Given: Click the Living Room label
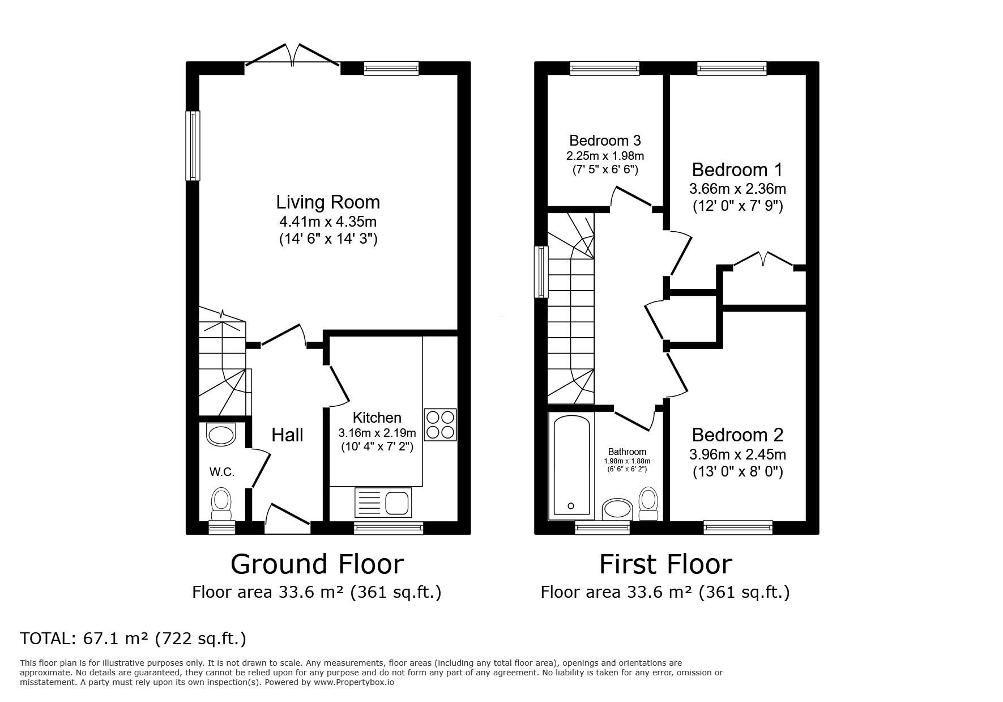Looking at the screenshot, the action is pyautogui.click(x=328, y=202).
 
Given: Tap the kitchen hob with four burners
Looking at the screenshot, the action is pyautogui.click(x=440, y=425).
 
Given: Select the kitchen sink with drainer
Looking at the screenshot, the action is pyautogui.click(x=383, y=502).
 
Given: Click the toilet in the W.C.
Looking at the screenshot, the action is pyautogui.click(x=221, y=505).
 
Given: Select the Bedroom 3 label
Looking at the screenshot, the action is pyautogui.click(x=605, y=141).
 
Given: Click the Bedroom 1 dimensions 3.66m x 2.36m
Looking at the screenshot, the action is pyautogui.click(x=737, y=189).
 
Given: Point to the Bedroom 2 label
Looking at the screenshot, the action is pyautogui.click(x=737, y=435).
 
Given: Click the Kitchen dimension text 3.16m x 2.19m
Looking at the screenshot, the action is pyautogui.click(x=377, y=433).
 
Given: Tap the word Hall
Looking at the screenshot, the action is pyautogui.click(x=287, y=435).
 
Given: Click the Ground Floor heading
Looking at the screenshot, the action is pyautogui.click(x=317, y=564).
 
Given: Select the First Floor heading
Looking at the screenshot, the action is pyautogui.click(x=665, y=564).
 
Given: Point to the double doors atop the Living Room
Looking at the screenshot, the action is pyautogui.click(x=292, y=56).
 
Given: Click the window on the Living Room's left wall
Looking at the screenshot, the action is pyautogui.click(x=193, y=146).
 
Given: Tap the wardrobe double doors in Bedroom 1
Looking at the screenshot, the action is pyautogui.click(x=763, y=260).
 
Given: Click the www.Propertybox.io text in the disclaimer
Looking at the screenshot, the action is pyautogui.click(x=354, y=682).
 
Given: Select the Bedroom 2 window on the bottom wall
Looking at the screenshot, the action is pyautogui.click(x=738, y=528).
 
